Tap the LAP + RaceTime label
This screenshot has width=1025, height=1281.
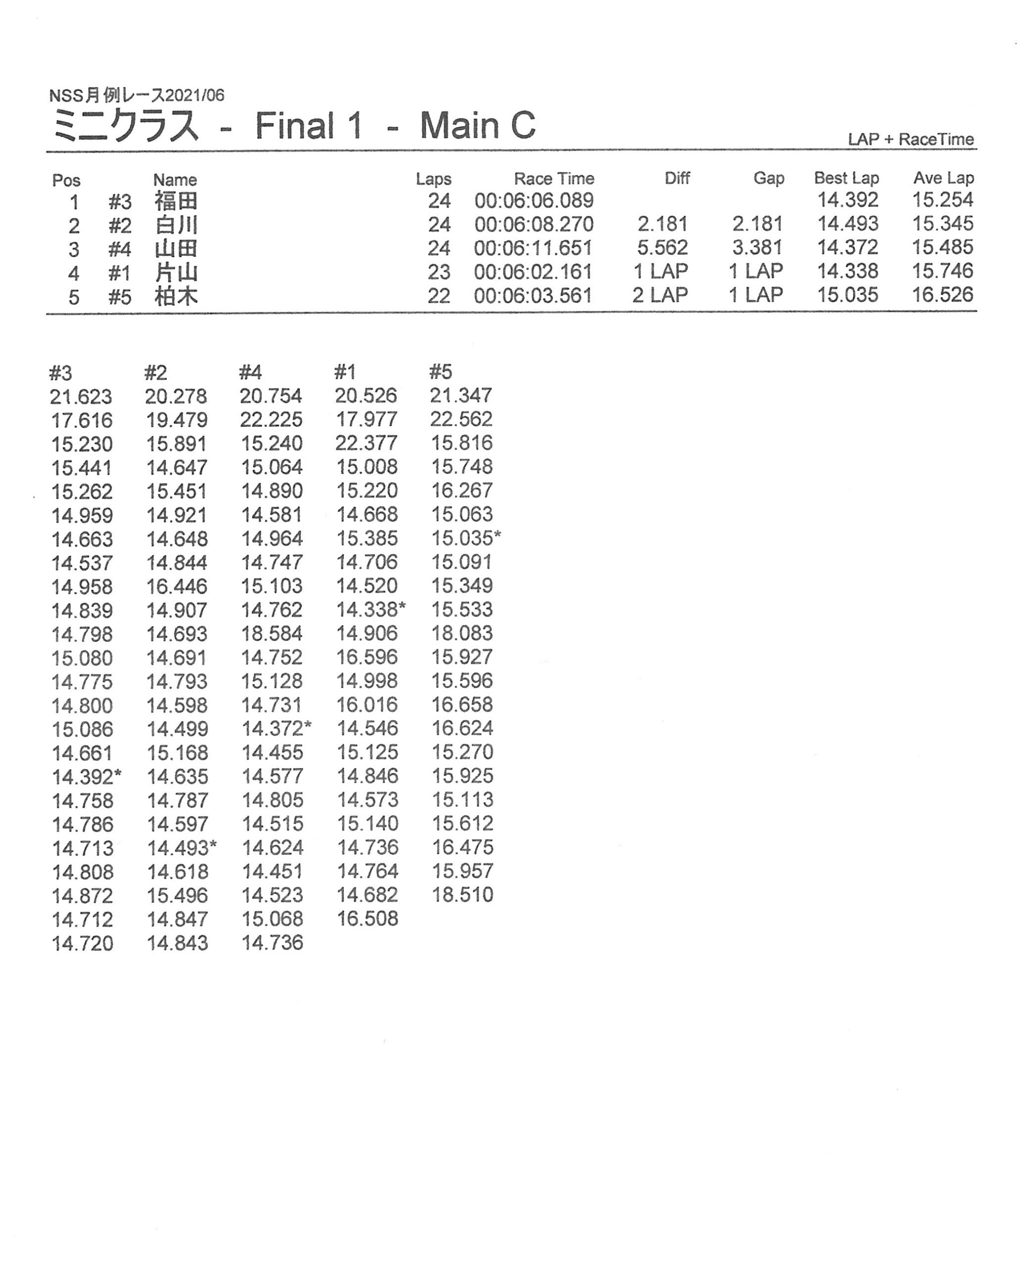click(910, 140)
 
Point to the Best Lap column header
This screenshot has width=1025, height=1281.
click(846, 178)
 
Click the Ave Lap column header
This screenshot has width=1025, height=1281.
click(943, 178)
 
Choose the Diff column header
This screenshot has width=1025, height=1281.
click(677, 178)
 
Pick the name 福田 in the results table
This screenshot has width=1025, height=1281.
click(176, 201)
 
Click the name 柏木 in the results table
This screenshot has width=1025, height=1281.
click(176, 296)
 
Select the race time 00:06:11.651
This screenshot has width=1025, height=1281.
click(533, 248)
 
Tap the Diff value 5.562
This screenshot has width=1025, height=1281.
click(663, 248)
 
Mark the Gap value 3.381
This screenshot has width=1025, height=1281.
click(757, 248)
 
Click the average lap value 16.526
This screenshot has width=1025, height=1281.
click(942, 295)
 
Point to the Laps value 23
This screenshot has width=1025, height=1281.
click(439, 272)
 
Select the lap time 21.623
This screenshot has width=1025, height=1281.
click(81, 397)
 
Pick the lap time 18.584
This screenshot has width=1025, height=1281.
click(272, 633)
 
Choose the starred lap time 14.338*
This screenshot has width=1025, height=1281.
click(371, 609)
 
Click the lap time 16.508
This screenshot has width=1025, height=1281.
click(367, 919)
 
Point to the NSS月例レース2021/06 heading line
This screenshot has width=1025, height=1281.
click(137, 95)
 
